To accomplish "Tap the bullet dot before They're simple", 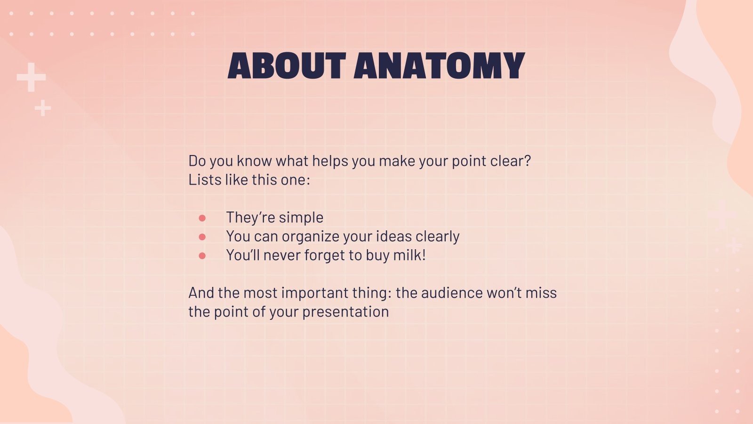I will click(x=202, y=218).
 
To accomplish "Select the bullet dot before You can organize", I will click(x=202, y=237).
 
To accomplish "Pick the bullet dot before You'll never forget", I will click(x=202, y=256).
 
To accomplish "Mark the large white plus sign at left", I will click(x=32, y=77).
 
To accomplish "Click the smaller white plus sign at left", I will click(x=43, y=108).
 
